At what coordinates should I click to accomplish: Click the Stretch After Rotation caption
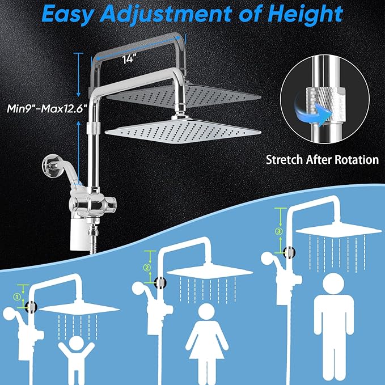point(322,159)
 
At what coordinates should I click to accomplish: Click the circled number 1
point(17,295)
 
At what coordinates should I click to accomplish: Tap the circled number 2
point(146,268)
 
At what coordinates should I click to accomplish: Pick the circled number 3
point(278,231)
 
